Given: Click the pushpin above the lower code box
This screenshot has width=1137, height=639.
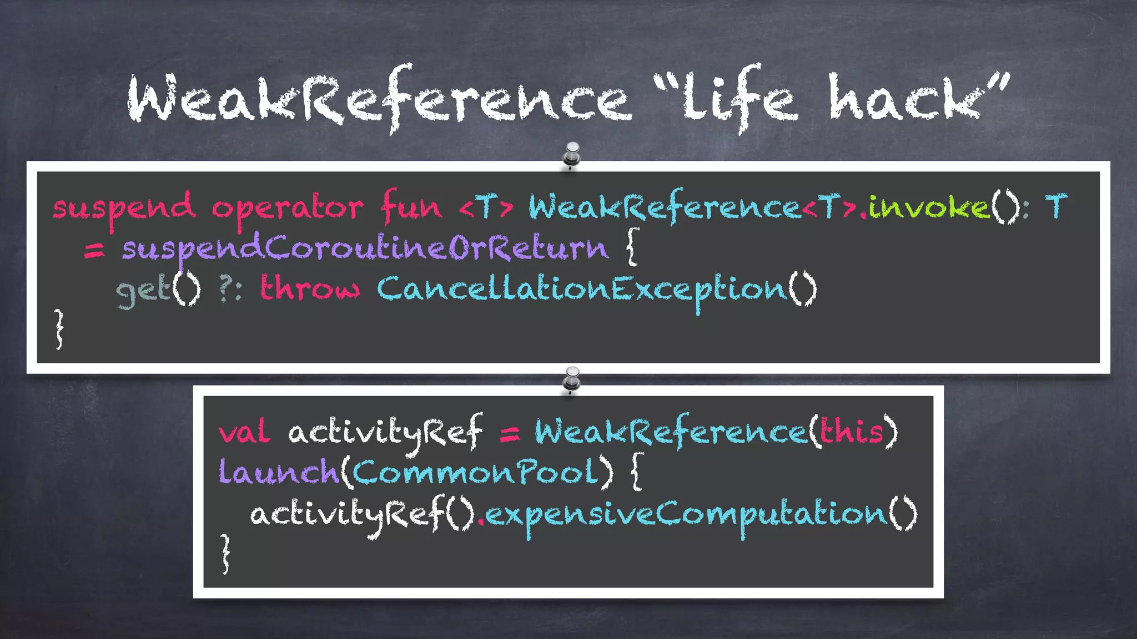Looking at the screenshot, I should (x=571, y=380).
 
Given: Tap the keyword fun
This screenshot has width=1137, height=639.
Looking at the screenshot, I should (x=411, y=207).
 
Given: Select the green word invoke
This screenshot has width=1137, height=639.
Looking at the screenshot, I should (x=929, y=207).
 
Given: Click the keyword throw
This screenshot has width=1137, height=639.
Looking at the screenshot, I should (x=310, y=288).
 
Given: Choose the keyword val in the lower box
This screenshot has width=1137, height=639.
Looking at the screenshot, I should (x=244, y=432).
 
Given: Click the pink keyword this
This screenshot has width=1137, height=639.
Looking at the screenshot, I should (x=852, y=431).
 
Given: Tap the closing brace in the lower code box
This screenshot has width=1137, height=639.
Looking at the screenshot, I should (x=225, y=553).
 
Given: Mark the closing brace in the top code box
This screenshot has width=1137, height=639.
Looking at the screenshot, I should (x=59, y=328).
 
